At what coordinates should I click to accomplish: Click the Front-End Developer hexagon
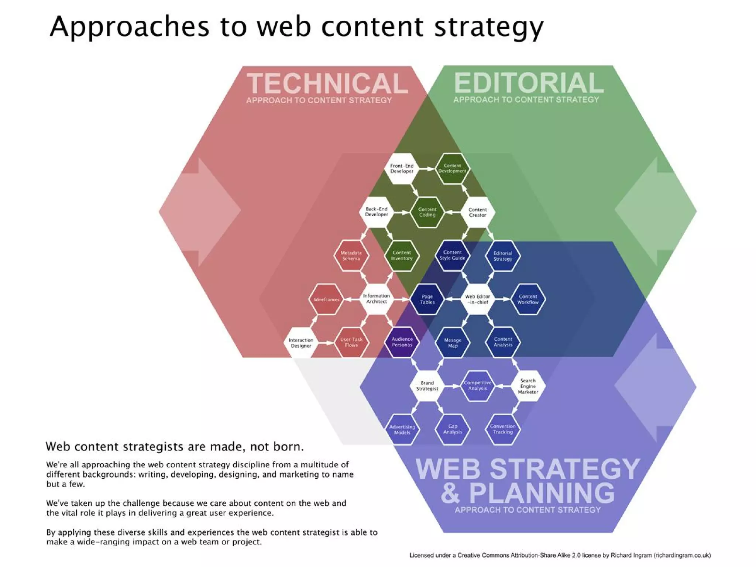pos(402,169)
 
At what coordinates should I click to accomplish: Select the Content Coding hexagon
pos(427,212)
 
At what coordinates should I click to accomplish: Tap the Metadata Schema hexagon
pos(351,256)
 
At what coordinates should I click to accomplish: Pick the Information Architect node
pos(376,299)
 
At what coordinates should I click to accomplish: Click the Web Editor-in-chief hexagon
pos(477,299)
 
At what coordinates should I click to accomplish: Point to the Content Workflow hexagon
pos(528,299)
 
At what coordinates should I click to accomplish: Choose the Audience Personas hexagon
pos(402,342)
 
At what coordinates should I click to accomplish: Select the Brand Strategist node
pos(427,386)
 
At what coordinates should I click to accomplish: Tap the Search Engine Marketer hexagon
pos(528,386)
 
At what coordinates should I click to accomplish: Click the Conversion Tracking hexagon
pos(502,429)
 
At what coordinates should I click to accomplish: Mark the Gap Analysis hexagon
pos(453,429)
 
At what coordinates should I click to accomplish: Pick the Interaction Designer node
pos(301,343)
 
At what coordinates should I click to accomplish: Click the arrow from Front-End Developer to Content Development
pos(427,169)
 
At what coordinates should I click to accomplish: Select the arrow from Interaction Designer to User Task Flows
pos(326,343)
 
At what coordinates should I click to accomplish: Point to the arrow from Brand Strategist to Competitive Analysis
pos(452,386)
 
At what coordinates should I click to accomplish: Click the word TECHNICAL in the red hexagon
pos(327,83)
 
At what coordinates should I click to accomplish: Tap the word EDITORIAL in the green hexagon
pos(528,83)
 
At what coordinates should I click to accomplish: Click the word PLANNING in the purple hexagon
pos(542,493)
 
